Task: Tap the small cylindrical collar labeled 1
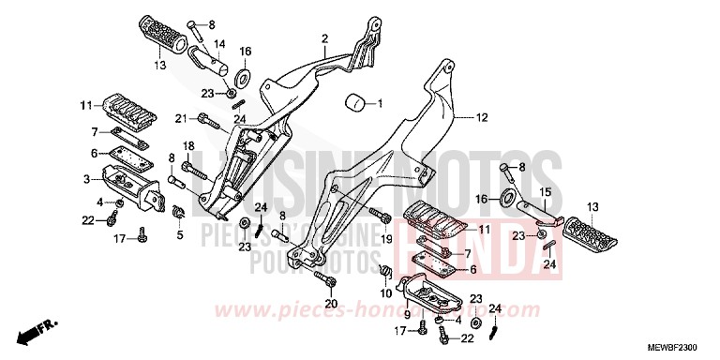pyautogui.click(x=355, y=102)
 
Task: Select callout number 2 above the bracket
pyautogui.click(x=324, y=39)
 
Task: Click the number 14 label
pyautogui.click(x=219, y=43)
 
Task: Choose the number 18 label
pyautogui.click(x=187, y=145)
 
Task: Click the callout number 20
pyautogui.click(x=330, y=302)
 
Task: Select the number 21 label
pyautogui.click(x=178, y=117)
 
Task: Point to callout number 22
pyautogui.click(x=86, y=219)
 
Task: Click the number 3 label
pyautogui.click(x=85, y=177)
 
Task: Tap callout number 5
pyautogui.click(x=179, y=234)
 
